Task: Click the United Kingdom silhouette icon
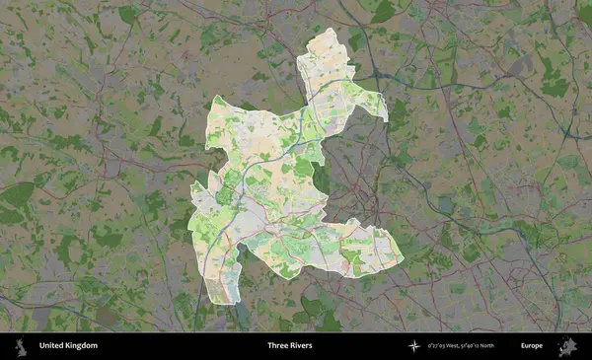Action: (x=19, y=346)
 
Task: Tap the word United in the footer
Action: (x=51, y=346)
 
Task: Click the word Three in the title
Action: (x=279, y=346)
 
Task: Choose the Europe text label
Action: (x=532, y=346)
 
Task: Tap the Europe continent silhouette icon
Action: (x=567, y=346)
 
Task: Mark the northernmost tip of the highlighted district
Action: (x=328, y=30)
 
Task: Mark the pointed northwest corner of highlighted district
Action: (x=215, y=97)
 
